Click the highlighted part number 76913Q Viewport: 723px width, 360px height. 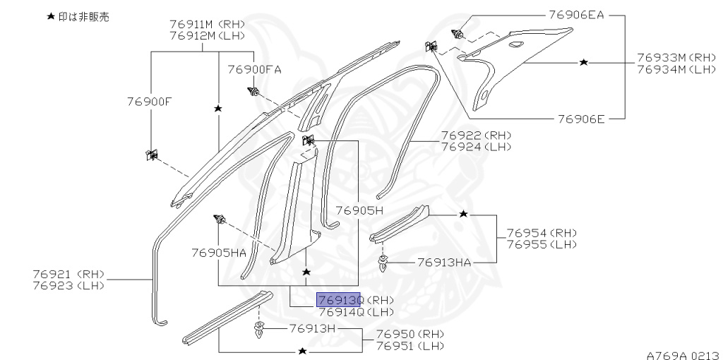339,300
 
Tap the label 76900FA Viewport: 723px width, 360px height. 254,69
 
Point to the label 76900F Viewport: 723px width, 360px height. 150,101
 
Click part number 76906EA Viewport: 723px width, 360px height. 576,14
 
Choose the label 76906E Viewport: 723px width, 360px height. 581,119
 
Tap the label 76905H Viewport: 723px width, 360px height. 359,210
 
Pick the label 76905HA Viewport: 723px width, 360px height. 219,252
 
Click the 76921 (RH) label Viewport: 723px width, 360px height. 68,273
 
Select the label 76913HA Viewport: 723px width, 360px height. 444,262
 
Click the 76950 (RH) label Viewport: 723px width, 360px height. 410,334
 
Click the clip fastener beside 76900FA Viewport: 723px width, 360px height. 253,92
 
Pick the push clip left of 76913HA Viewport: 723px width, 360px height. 383,264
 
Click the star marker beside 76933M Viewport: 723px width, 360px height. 583,63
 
